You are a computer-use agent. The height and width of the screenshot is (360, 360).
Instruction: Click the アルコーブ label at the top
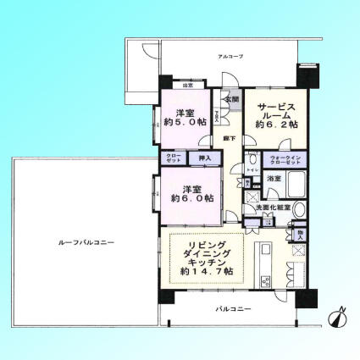pyautogui.click(x=230, y=56)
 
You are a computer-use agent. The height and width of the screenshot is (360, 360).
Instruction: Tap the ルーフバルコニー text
pyautogui.click(x=86, y=243)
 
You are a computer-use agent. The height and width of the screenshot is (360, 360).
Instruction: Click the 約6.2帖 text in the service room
pyautogui.click(x=280, y=124)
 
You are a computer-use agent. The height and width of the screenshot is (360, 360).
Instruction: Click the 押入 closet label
pyautogui.click(x=205, y=158)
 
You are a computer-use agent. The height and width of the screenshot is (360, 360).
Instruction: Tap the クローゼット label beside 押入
pyautogui.click(x=172, y=158)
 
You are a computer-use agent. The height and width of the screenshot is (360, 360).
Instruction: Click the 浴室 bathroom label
pyautogui.click(x=274, y=180)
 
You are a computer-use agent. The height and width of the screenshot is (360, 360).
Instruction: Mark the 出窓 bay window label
pyautogui.click(x=187, y=86)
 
